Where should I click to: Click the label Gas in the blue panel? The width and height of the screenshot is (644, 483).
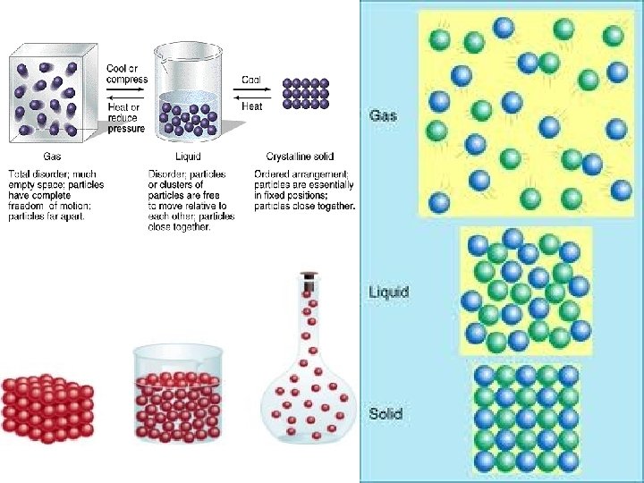coord(383,115)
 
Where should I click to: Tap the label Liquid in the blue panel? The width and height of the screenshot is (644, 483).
coord(388,292)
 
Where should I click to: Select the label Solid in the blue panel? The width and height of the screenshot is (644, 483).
coord(386,414)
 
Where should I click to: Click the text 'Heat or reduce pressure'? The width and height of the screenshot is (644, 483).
coord(124,118)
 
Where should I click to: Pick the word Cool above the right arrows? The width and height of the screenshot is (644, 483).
coord(251,79)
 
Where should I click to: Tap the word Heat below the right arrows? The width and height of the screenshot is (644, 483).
coord(252,106)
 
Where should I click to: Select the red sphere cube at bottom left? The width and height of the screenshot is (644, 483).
coord(47,407)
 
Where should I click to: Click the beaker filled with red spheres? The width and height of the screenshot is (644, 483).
coord(177,394)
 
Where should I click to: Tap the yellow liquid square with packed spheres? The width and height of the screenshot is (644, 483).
coord(525,291)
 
